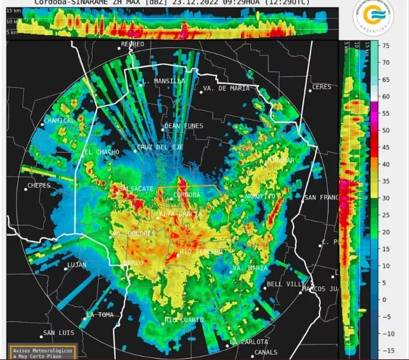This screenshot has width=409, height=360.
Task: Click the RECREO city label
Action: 133,44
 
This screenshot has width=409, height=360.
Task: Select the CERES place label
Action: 321,87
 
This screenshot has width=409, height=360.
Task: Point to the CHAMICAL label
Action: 59,120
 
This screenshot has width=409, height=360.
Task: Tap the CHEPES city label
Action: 39,186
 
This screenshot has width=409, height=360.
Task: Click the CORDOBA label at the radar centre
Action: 187,194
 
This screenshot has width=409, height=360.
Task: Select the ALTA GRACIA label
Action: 177,213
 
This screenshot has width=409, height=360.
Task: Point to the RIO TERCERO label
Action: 200,251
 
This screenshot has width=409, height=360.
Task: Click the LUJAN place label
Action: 77,265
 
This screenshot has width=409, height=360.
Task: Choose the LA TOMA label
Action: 100,314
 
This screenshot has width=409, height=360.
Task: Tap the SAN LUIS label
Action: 59,334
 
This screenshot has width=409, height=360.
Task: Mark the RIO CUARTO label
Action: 184,320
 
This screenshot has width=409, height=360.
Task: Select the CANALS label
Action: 265,352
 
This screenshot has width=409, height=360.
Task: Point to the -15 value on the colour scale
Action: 385,350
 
